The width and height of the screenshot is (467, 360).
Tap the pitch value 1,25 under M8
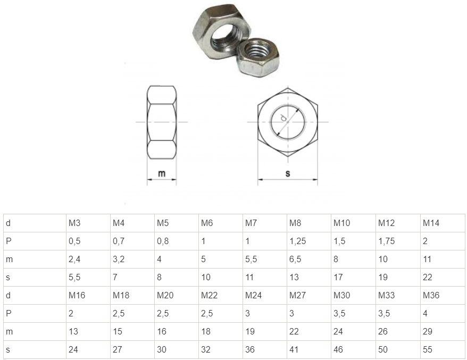coord(297,241)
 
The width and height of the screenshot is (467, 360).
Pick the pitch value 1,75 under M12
coord(386,241)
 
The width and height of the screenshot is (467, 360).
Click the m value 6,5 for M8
coord(295,259)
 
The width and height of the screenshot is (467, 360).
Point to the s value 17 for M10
coord(338,278)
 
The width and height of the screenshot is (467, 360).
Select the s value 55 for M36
coord(428,349)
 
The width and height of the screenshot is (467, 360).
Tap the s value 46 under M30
coord(338,349)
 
